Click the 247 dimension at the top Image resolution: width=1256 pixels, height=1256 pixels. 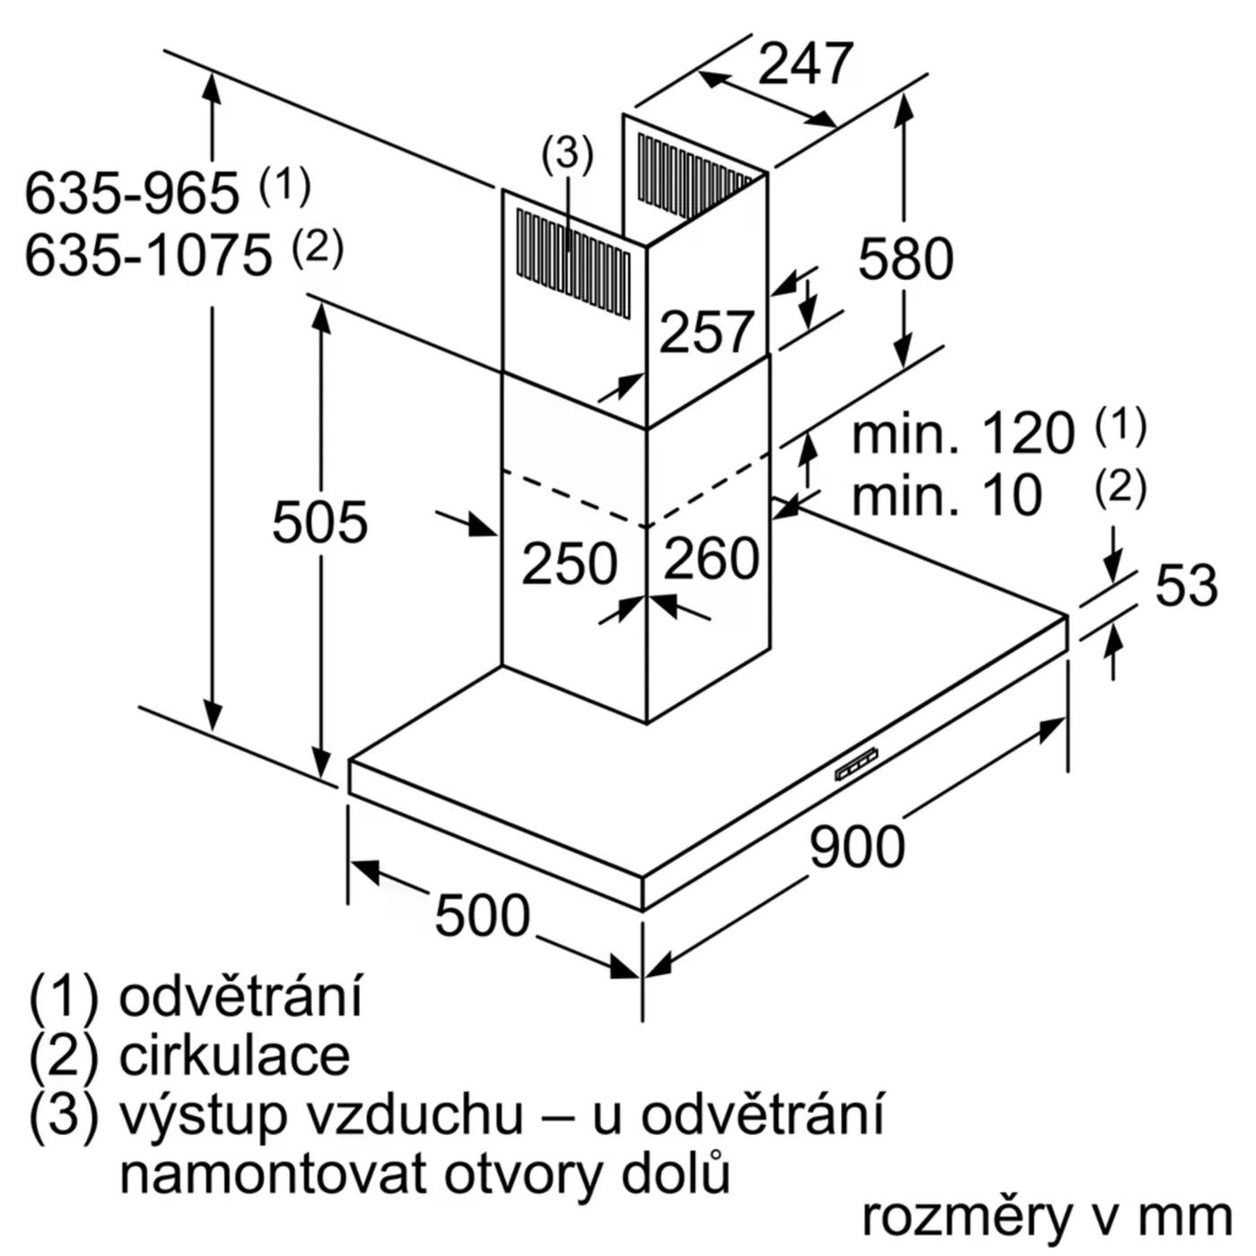point(805,64)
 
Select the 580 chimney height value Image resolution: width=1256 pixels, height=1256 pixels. point(904,259)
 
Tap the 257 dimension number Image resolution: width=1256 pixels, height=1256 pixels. point(707,333)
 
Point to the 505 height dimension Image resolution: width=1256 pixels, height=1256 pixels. point(319,522)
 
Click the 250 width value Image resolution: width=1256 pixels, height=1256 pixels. point(569,564)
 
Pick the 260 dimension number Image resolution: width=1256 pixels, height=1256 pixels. point(711,558)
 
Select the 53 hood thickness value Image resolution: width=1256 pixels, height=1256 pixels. point(1185,585)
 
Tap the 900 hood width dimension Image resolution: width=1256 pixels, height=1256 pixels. point(857,847)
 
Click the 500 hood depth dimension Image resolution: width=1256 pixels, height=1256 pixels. point(482,916)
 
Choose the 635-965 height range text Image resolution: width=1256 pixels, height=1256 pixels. point(132,193)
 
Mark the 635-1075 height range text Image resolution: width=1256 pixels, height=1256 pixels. point(148,256)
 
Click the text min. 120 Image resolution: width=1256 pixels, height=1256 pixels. point(962,434)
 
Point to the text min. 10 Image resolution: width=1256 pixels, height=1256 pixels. point(946,495)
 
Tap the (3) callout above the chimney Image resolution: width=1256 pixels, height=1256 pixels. point(567,154)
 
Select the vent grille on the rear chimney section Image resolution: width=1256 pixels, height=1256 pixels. point(693,175)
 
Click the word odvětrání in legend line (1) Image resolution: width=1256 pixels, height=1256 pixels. point(240,997)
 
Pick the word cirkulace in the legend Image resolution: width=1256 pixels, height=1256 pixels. point(234,1056)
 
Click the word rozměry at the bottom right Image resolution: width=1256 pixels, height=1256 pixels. point(969,1217)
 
